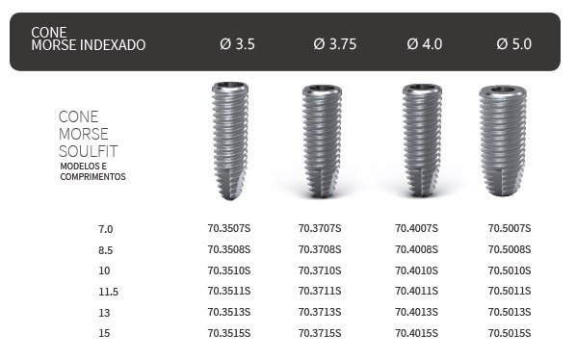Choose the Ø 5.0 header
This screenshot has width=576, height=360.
point(514,44)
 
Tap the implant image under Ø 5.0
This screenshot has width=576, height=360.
point(510,140)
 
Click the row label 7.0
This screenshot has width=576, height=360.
point(105,229)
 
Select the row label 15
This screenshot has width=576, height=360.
point(104,333)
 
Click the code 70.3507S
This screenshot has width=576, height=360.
point(228,229)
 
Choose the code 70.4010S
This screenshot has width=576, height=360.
point(416,270)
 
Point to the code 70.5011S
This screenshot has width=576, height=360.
point(510,292)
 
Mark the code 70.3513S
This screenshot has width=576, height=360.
point(228,312)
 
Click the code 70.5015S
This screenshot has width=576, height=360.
point(510,333)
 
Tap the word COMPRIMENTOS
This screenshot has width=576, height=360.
point(92,177)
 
